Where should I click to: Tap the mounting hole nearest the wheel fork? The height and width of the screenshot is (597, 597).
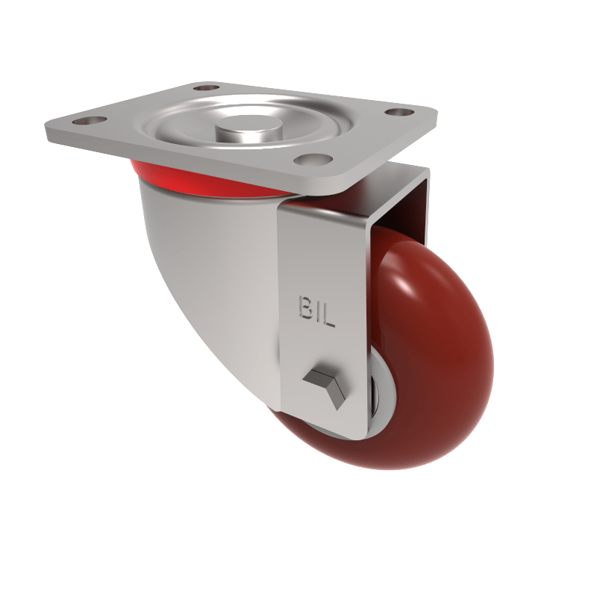click(310, 159)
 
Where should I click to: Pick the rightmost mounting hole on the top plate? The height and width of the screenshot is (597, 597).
click(401, 112)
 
